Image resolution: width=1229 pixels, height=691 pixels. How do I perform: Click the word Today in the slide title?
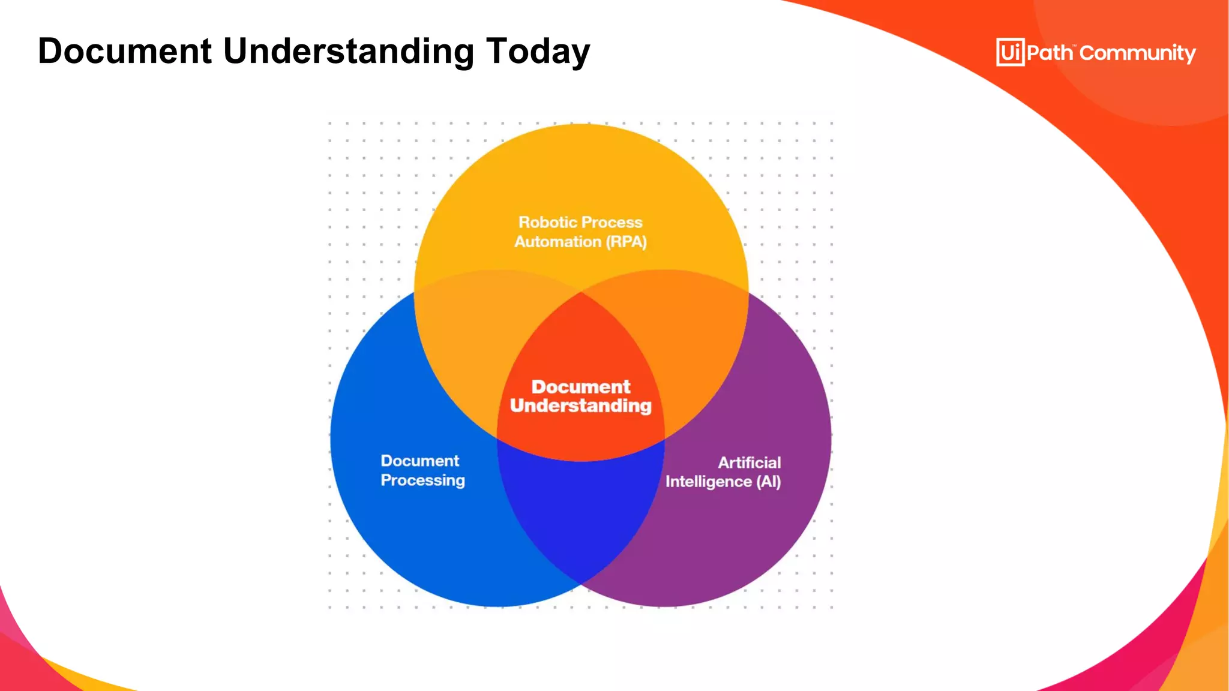tap(538, 51)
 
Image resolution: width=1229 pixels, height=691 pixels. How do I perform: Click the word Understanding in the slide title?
tap(349, 52)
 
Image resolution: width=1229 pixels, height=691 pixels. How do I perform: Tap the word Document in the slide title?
tap(125, 51)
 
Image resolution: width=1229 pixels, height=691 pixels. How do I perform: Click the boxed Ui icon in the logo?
tap(1010, 52)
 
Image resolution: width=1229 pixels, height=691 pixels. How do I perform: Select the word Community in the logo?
tap(1137, 53)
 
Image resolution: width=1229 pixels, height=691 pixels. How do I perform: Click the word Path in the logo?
tap(1050, 53)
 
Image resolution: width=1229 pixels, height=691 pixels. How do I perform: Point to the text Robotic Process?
tap(580, 223)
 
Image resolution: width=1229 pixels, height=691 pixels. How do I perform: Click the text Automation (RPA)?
tap(580, 242)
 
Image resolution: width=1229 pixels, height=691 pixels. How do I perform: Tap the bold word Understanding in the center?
tap(580, 406)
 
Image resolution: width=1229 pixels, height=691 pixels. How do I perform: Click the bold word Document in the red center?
tap(580, 387)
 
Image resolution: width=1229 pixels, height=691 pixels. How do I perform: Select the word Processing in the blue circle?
tap(422, 480)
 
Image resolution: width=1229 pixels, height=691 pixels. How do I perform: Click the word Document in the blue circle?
tap(419, 461)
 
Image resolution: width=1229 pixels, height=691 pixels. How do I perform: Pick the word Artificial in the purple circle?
tap(749, 462)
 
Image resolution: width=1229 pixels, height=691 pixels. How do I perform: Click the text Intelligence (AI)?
tap(723, 482)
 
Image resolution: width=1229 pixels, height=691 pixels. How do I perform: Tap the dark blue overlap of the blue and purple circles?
tap(580, 516)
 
